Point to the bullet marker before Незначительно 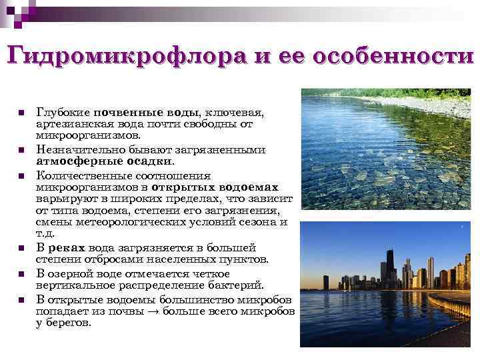coord(21,149)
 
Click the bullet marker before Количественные coord(21,176)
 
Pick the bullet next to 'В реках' coord(21,248)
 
